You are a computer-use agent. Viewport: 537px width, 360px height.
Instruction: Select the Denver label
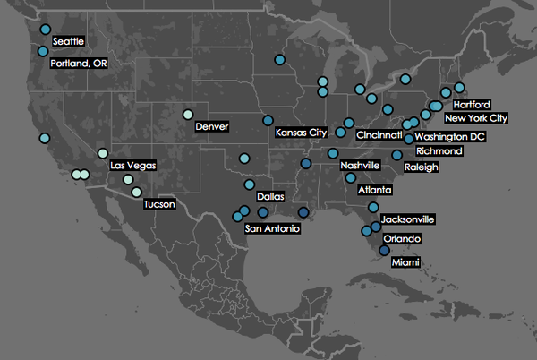coord(211,127)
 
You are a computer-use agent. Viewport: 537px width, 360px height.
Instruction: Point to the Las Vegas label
coord(132,166)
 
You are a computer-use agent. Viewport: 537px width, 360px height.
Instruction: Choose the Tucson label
coord(158,204)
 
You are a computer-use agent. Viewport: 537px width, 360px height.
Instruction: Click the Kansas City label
coord(301,133)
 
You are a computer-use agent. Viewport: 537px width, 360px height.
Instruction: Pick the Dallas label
coord(270,196)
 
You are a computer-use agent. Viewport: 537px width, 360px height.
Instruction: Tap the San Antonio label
coord(272,229)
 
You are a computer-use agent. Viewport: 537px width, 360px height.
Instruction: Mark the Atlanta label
coord(374,190)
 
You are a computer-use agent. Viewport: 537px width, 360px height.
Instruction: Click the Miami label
coord(405,261)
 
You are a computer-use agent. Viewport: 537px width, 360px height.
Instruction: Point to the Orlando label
coord(401,239)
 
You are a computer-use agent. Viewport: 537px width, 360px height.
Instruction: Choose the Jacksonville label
coord(408,219)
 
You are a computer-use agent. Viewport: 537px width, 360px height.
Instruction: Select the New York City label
coord(476,118)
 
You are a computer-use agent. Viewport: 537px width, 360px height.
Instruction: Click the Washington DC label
coord(450,137)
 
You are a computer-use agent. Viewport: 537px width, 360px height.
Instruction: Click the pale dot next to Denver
coord(188,114)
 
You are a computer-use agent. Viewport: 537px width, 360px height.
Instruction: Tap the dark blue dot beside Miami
coord(384,251)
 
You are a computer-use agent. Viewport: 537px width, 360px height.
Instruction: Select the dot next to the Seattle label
coord(46,30)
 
